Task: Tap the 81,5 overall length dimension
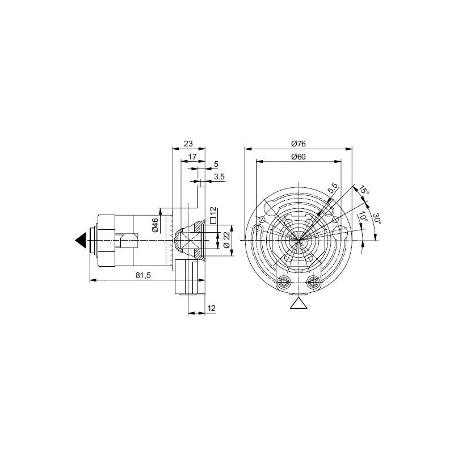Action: pyautogui.click(x=144, y=275)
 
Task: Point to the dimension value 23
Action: pyautogui.click(x=188, y=143)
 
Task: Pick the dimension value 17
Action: pyautogui.click(x=192, y=156)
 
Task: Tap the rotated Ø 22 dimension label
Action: pyautogui.click(x=226, y=240)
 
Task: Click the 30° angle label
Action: pyautogui.click(x=376, y=219)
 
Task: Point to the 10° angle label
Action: pyautogui.click(x=362, y=217)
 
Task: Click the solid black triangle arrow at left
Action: pyautogui.click(x=81, y=241)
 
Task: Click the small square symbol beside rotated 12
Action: pyautogui.click(x=213, y=220)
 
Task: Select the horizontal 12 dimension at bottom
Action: pyautogui.click(x=211, y=308)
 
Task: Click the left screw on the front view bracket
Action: pyautogui.click(x=284, y=282)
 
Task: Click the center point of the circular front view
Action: pyautogui.click(x=298, y=240)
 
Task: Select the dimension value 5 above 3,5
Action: pyautogui.click(x=216, y=164)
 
